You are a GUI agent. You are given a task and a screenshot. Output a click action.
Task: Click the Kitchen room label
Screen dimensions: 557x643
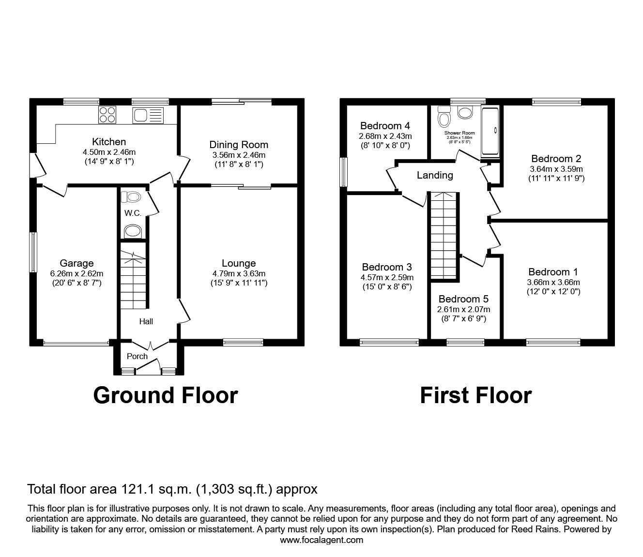109,142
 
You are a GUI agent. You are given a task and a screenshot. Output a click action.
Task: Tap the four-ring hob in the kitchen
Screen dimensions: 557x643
107,115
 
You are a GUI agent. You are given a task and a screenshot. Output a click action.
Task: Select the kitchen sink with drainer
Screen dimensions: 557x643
149,115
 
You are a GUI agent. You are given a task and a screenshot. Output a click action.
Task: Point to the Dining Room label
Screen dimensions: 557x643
239,145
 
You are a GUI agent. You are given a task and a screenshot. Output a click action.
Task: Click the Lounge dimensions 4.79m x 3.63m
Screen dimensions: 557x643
239,273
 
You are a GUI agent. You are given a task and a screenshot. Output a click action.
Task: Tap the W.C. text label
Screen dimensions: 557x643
132,213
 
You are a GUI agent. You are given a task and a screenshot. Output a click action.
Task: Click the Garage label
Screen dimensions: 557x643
77,263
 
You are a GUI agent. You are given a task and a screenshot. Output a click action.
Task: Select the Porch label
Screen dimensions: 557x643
137,356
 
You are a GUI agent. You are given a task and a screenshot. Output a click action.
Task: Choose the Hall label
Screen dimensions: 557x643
146,321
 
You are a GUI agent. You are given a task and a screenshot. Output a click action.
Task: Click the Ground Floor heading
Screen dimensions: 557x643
165,395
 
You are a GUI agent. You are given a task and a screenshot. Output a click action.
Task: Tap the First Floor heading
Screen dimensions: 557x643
475,395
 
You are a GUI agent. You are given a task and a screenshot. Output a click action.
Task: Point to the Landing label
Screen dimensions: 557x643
435,175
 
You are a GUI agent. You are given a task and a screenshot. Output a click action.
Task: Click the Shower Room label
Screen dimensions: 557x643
459,133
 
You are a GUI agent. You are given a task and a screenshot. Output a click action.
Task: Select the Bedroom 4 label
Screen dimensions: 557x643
385,126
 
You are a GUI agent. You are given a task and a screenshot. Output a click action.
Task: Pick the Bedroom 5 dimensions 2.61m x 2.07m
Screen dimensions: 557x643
463,309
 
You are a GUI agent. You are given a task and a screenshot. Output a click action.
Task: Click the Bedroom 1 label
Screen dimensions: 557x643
553,272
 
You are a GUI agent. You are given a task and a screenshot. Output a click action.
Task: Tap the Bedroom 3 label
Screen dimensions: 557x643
387,267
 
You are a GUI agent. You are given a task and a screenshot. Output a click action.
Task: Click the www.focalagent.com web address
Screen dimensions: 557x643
321,540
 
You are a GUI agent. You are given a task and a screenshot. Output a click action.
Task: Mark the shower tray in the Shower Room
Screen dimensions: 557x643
490,132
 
